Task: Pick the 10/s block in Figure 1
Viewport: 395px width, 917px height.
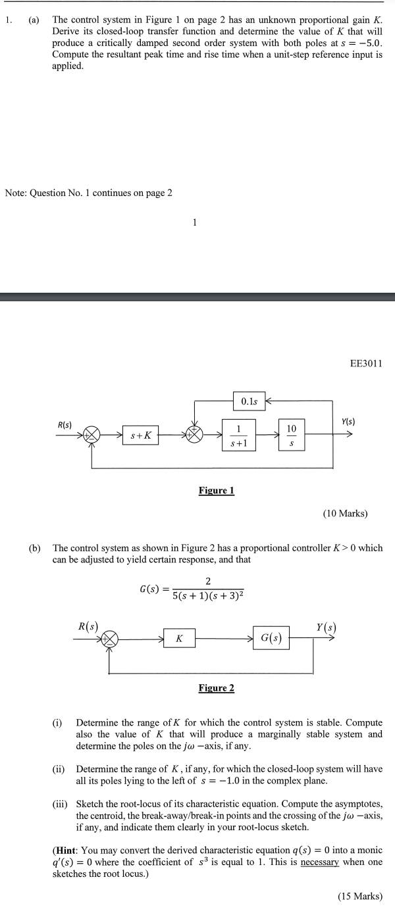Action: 291,435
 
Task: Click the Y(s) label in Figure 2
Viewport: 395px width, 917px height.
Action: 323,626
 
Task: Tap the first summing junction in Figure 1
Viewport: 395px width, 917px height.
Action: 93,435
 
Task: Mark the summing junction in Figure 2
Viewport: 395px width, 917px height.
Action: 110,638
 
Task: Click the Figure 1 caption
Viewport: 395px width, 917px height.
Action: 216,490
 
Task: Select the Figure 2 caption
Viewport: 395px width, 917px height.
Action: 216,687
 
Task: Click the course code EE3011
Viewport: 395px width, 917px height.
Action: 367,363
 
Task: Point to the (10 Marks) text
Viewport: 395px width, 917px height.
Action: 345,513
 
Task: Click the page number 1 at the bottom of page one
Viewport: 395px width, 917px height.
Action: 195,222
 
